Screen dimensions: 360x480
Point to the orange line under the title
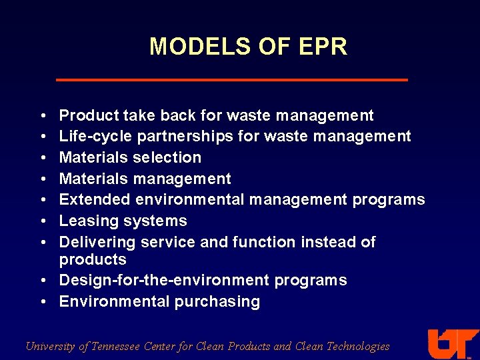[x=231, y=80]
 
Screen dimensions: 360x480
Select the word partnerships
[x=189, y=137]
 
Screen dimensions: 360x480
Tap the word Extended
[x=95, y=200]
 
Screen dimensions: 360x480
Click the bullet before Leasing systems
[x=42, y=221]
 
